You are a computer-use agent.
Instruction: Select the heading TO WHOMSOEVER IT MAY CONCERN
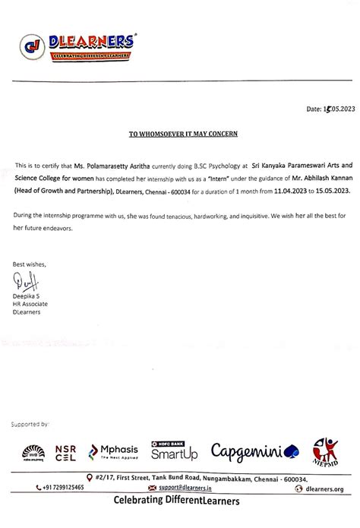(183, 134)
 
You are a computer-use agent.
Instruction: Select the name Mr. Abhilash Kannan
(311, 175)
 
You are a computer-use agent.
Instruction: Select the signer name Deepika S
(26, 296)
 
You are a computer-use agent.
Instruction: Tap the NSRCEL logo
(66, 453)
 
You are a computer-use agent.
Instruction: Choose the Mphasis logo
(115, 453)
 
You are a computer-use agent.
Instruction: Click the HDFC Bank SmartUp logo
(174, 453)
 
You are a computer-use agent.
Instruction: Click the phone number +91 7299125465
(60, 488)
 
